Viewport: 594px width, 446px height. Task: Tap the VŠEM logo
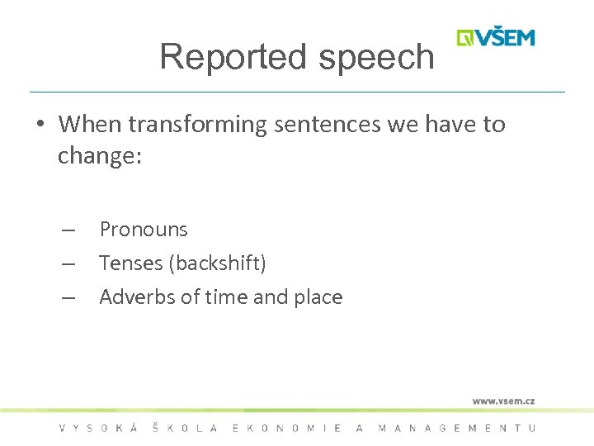click(x=496, y=38)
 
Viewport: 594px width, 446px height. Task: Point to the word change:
click(x=100, y=156)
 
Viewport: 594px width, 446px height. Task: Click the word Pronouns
click(x=144, y=230)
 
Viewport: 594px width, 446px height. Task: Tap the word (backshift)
click(x=217, y=263)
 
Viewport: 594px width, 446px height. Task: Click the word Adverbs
click(x=137, y=297)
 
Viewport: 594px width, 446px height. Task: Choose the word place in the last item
click(x=316, y=297)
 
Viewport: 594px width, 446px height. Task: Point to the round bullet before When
click(x=40, y=125)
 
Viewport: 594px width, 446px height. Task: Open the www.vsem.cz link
click(x=503, y=401)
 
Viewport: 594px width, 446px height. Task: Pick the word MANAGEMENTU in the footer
click(x=456, y=428)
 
